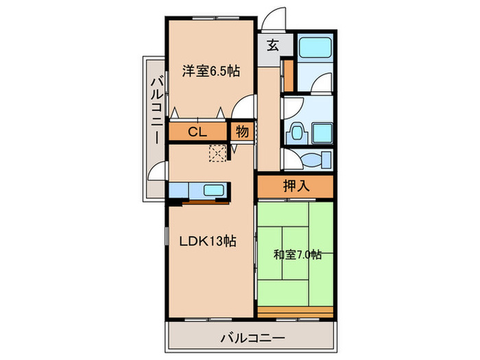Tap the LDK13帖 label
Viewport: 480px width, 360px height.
point(208,241)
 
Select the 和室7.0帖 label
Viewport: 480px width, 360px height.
point(298,255)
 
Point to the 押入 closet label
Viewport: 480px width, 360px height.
point(296,184)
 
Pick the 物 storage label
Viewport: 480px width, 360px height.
point(242,130)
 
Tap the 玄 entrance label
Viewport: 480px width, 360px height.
point(272,46)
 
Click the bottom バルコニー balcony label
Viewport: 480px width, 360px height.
point(252,337)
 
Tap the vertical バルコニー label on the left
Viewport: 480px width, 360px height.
point(156,110)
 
